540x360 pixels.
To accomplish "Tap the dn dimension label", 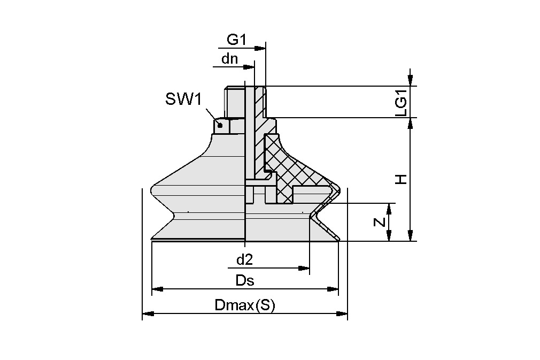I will [230, 59].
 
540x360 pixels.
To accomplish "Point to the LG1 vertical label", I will [401, 102].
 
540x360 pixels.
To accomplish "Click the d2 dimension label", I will [244, 260].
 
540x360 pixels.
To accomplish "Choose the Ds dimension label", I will [245, 281].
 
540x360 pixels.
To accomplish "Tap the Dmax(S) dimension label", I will [244, 305].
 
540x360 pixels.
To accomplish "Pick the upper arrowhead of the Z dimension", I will [389, 208].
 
